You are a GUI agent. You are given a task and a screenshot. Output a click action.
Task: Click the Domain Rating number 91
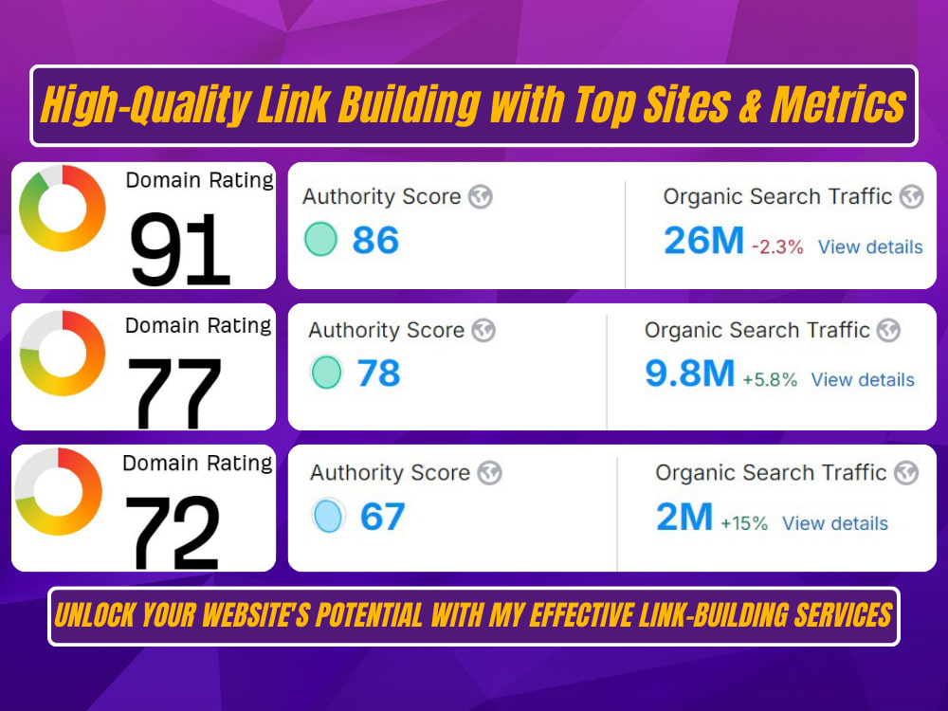pyautogui.click(x=179, y=249)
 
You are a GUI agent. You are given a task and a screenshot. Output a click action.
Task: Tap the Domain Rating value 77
pyautogui.click(x=174, y=392)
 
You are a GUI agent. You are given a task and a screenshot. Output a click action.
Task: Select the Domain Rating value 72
pyautogui.click(x=173, y=533)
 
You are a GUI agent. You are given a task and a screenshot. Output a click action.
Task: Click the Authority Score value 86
pyautogui.click(x=375, y=240)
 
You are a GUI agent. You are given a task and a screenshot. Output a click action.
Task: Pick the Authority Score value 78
pyautogui.click(x=379, y=373)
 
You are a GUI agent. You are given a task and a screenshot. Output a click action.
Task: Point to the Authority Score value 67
pyautogui.click(x=383, y=517)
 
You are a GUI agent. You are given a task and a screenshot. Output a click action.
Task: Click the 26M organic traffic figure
pyautogui.click(x=703, y=240)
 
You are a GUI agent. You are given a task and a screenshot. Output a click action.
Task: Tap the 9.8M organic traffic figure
pyautogui.click(x=690, y=373)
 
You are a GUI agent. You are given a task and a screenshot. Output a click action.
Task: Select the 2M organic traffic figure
pyautogui.click(x=684, y=517)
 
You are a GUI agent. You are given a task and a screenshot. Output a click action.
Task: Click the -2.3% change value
pyautogui.click(x=777, y=246)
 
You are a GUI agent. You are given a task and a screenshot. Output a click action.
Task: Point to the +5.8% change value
pyautogui.click(x=770, y=380)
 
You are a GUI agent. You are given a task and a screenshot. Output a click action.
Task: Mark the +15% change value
pyautogui.click(x=744, y=523)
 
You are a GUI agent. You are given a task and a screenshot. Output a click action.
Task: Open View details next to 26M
pyautogui.click(x=870, y=246)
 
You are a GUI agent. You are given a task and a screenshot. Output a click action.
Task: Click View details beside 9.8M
pyautogui.click(x=863, y=380)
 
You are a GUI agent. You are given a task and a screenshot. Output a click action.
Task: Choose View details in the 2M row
pyautogui.click(x=835, y=523)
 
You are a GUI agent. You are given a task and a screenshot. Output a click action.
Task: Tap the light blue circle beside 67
pyautogui.click(x=328, y=517)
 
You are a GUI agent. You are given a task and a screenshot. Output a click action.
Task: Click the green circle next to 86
pyautogui.click(x=320, y=239)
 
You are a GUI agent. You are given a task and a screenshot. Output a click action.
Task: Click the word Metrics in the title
pyautogui.click(x=839, y=104)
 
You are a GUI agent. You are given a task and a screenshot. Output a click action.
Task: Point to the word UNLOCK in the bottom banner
pyautogui.click(x=95, y=615)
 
